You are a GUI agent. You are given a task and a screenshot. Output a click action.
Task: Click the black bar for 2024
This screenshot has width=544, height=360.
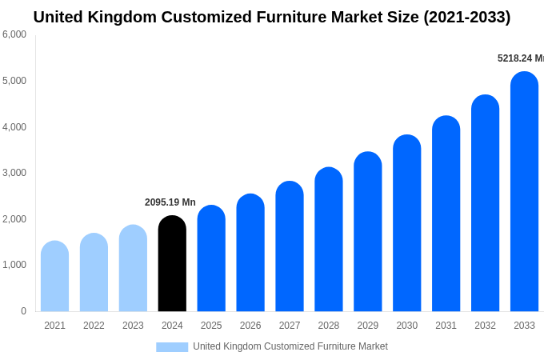[x=172, y=264]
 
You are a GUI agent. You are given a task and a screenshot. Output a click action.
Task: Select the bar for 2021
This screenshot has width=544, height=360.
[x=54, y=277]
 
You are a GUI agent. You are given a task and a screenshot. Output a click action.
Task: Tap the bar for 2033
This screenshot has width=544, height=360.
[x=524, y=192]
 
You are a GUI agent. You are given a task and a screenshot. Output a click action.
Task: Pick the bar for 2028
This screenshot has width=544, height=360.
[x=329, y=240]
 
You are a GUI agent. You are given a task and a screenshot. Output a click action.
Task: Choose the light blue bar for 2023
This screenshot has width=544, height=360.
[x=133, y=269]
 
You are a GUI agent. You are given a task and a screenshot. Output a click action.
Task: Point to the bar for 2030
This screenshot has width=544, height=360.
[x=406, y=224]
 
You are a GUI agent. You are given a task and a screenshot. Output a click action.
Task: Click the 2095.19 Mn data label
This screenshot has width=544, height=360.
[x=170, y=202]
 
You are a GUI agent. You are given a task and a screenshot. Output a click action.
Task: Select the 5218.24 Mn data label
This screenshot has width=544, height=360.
[x=520, y=58]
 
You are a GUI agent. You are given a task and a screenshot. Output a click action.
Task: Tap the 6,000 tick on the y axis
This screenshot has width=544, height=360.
[x=14, y=34]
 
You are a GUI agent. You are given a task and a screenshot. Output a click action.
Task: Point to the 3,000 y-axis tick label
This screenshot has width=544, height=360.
[x=14, y=173]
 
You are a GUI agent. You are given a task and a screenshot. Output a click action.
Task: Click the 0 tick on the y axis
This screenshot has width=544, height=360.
[x=23, y=311]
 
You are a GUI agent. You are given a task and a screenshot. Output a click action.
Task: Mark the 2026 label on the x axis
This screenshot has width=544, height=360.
[x=250, y=326]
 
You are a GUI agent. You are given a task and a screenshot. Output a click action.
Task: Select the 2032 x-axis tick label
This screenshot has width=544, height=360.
[x=485, y=326]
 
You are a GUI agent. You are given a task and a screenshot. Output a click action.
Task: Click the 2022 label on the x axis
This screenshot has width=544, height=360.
[x=94, y=326]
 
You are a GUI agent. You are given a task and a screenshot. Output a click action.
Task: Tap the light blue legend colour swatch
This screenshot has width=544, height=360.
[x=172, y=347]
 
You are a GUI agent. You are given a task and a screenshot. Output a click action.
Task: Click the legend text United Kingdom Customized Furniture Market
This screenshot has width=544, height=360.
[x=290, y=346]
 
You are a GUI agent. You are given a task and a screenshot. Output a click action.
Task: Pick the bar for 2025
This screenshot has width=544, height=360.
[x=211, y=259]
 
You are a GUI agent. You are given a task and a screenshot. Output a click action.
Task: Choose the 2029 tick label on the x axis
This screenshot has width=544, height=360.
[x=368, y=326]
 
